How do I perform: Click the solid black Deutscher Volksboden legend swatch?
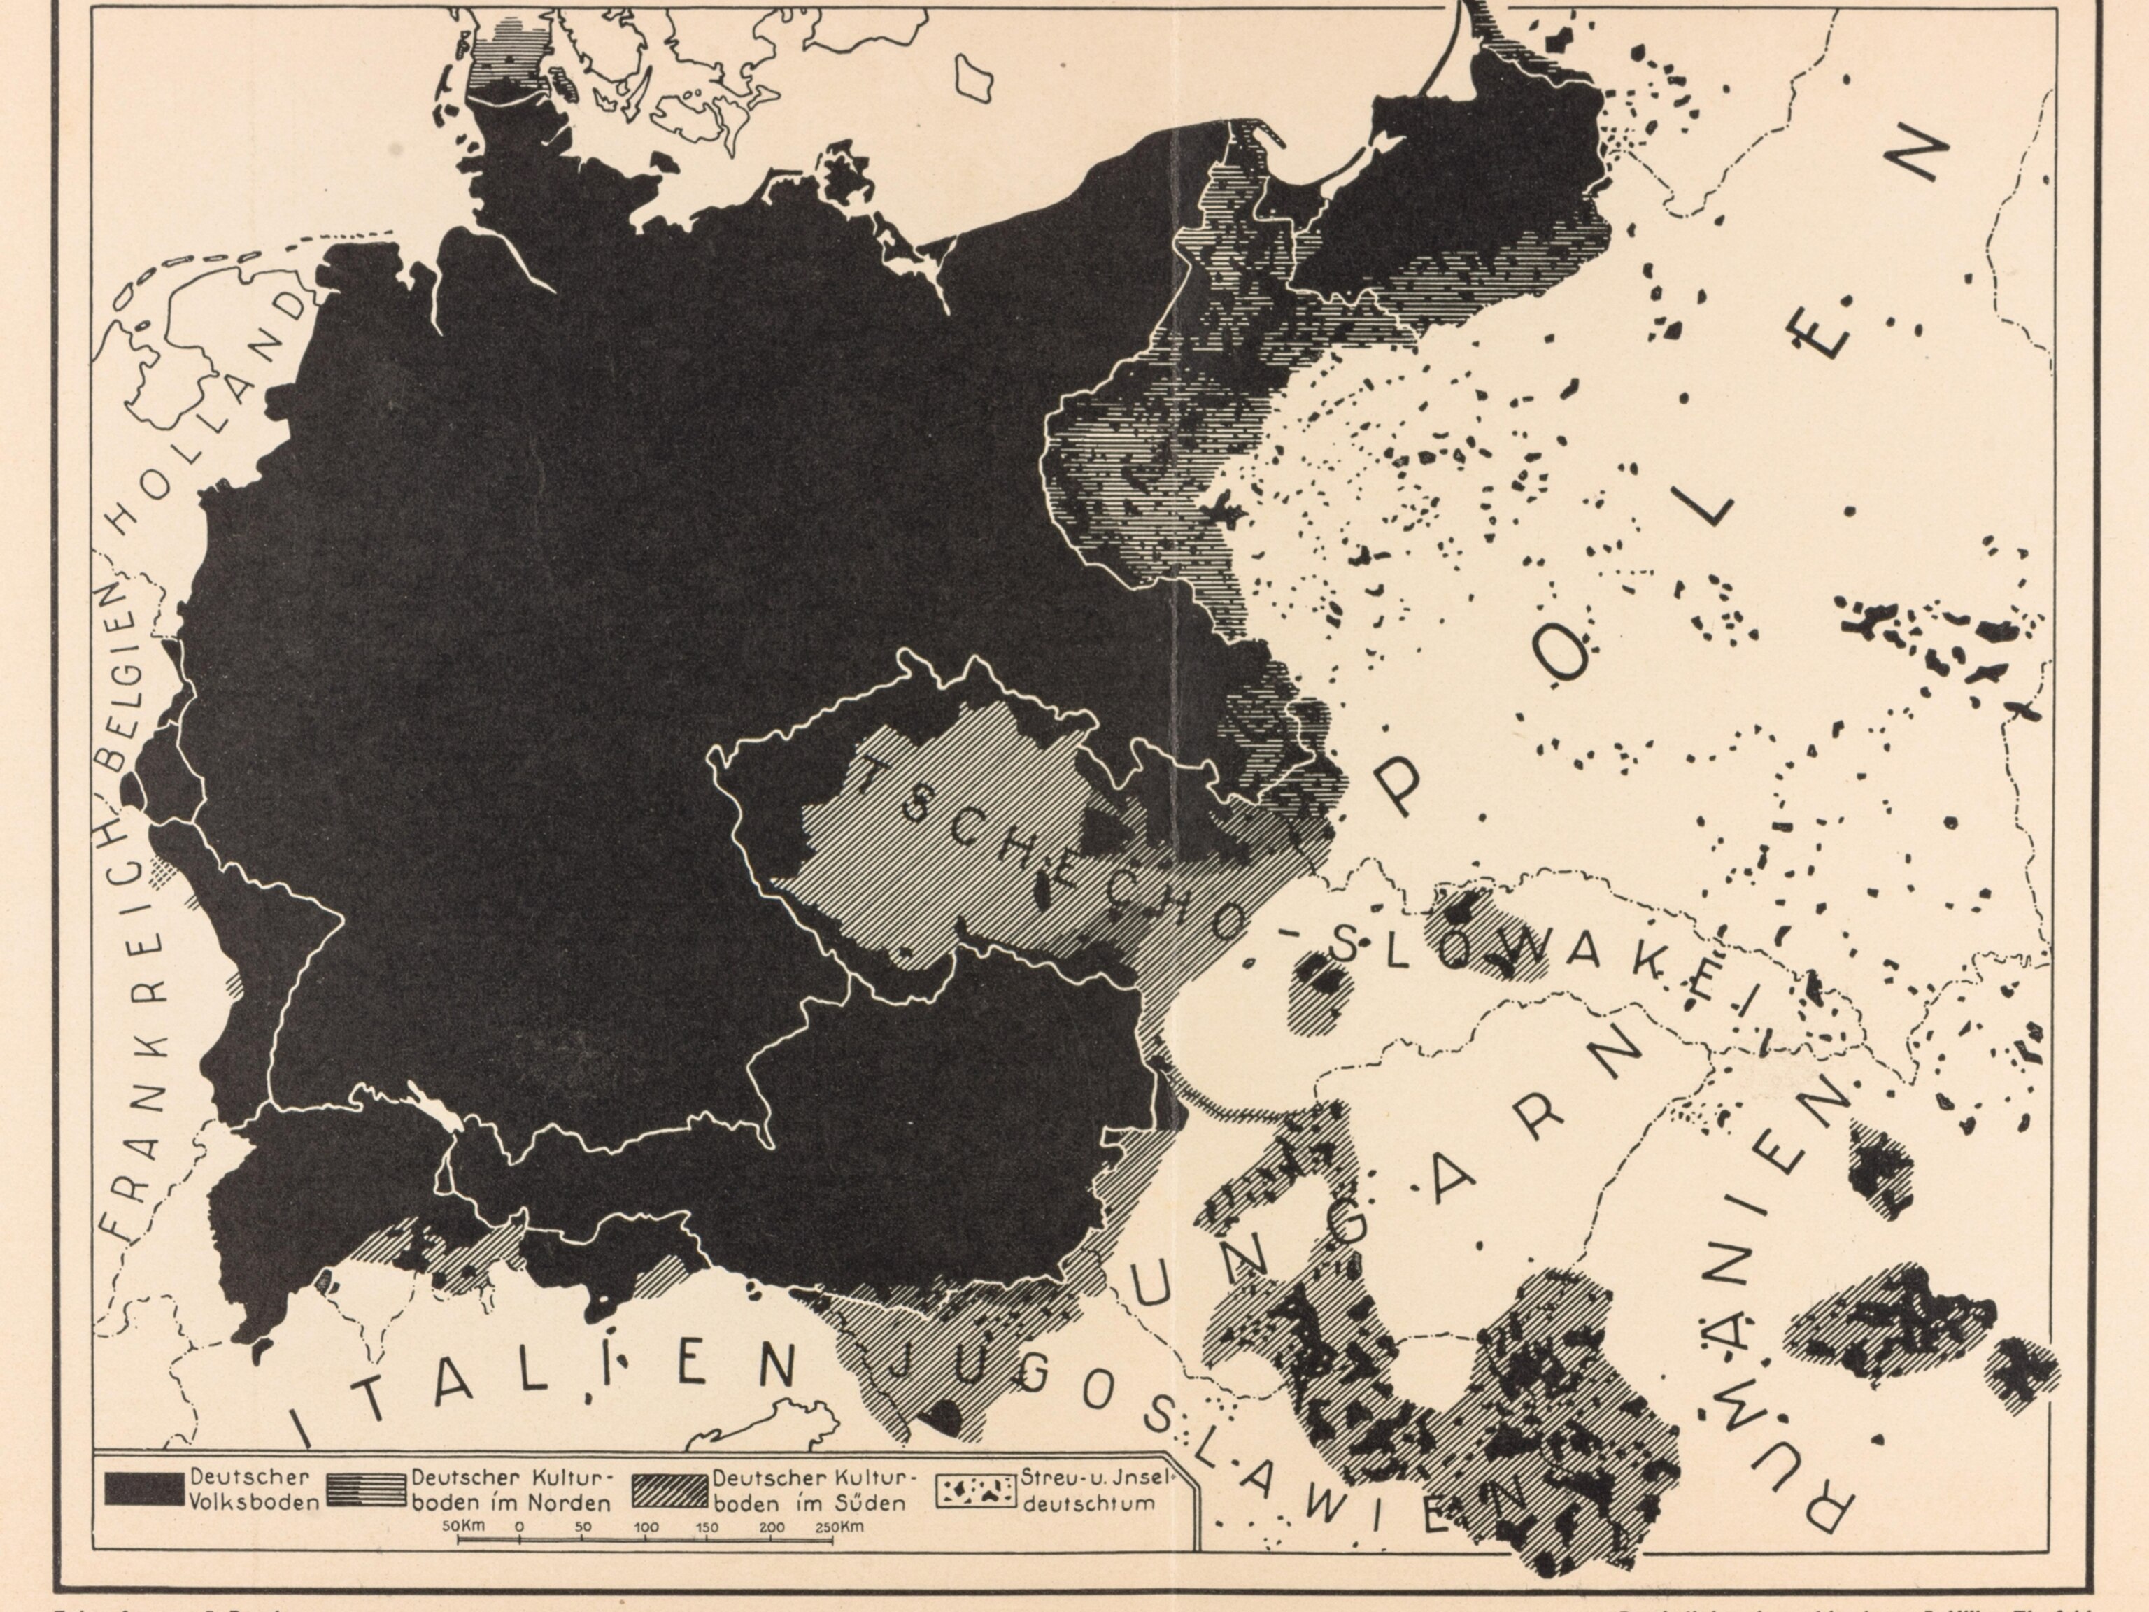144,1489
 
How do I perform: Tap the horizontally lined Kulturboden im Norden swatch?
367,1489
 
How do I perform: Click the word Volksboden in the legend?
255,1502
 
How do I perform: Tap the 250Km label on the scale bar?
839,1527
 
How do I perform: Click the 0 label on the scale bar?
519,1527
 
